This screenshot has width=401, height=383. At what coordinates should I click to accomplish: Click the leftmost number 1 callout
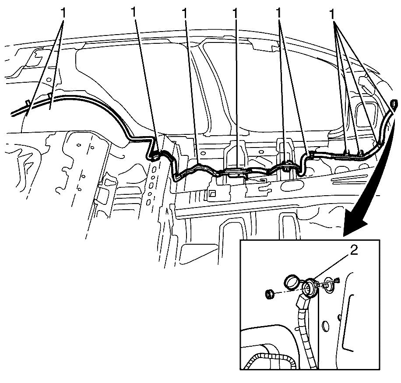(63, 13)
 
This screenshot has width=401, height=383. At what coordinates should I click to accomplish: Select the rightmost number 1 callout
(332, 14)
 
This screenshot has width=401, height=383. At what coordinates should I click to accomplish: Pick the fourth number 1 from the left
(235, 13)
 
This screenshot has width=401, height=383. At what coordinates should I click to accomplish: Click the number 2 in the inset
(354, 251)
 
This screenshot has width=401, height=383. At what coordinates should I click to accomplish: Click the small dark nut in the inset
(270, 294)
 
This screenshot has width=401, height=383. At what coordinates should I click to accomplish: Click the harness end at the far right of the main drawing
(394, 104)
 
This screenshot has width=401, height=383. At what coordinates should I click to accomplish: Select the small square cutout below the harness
(212, 193)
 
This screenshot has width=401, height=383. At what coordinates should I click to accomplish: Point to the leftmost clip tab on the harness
(28, 103)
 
